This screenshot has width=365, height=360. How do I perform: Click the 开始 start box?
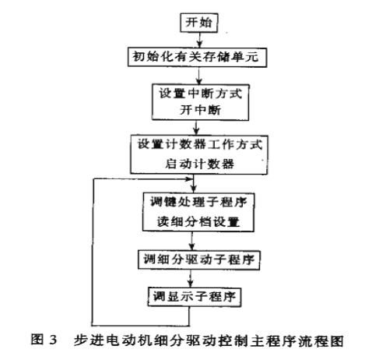tap(199, 23)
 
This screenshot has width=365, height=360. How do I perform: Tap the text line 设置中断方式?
tap(200, 94)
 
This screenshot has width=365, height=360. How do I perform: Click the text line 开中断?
tap(200, 110)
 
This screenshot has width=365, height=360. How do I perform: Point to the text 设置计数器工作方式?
tap(200, 144)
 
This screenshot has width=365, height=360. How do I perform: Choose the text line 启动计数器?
tap(200, 164)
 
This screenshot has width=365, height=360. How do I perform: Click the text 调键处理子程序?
tap(198, 202)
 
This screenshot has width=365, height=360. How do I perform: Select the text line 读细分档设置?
tap(198, 222)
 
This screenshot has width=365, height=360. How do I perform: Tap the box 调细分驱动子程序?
tap(198, 259)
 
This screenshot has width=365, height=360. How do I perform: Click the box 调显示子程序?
tap(195, 297)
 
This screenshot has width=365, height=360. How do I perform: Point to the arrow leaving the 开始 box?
tap(199, 41)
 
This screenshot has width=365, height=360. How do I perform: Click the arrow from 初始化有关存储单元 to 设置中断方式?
tap(199, 76)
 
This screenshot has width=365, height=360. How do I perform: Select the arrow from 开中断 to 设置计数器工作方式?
tap(197, 128)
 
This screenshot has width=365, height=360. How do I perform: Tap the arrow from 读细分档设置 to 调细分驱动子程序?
tap(192, 241)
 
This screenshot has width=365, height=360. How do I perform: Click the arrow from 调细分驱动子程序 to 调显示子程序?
tap(191, 278)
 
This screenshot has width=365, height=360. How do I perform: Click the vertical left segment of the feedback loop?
tap(93, 252)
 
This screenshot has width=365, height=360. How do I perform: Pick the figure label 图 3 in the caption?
tap(44, 341)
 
